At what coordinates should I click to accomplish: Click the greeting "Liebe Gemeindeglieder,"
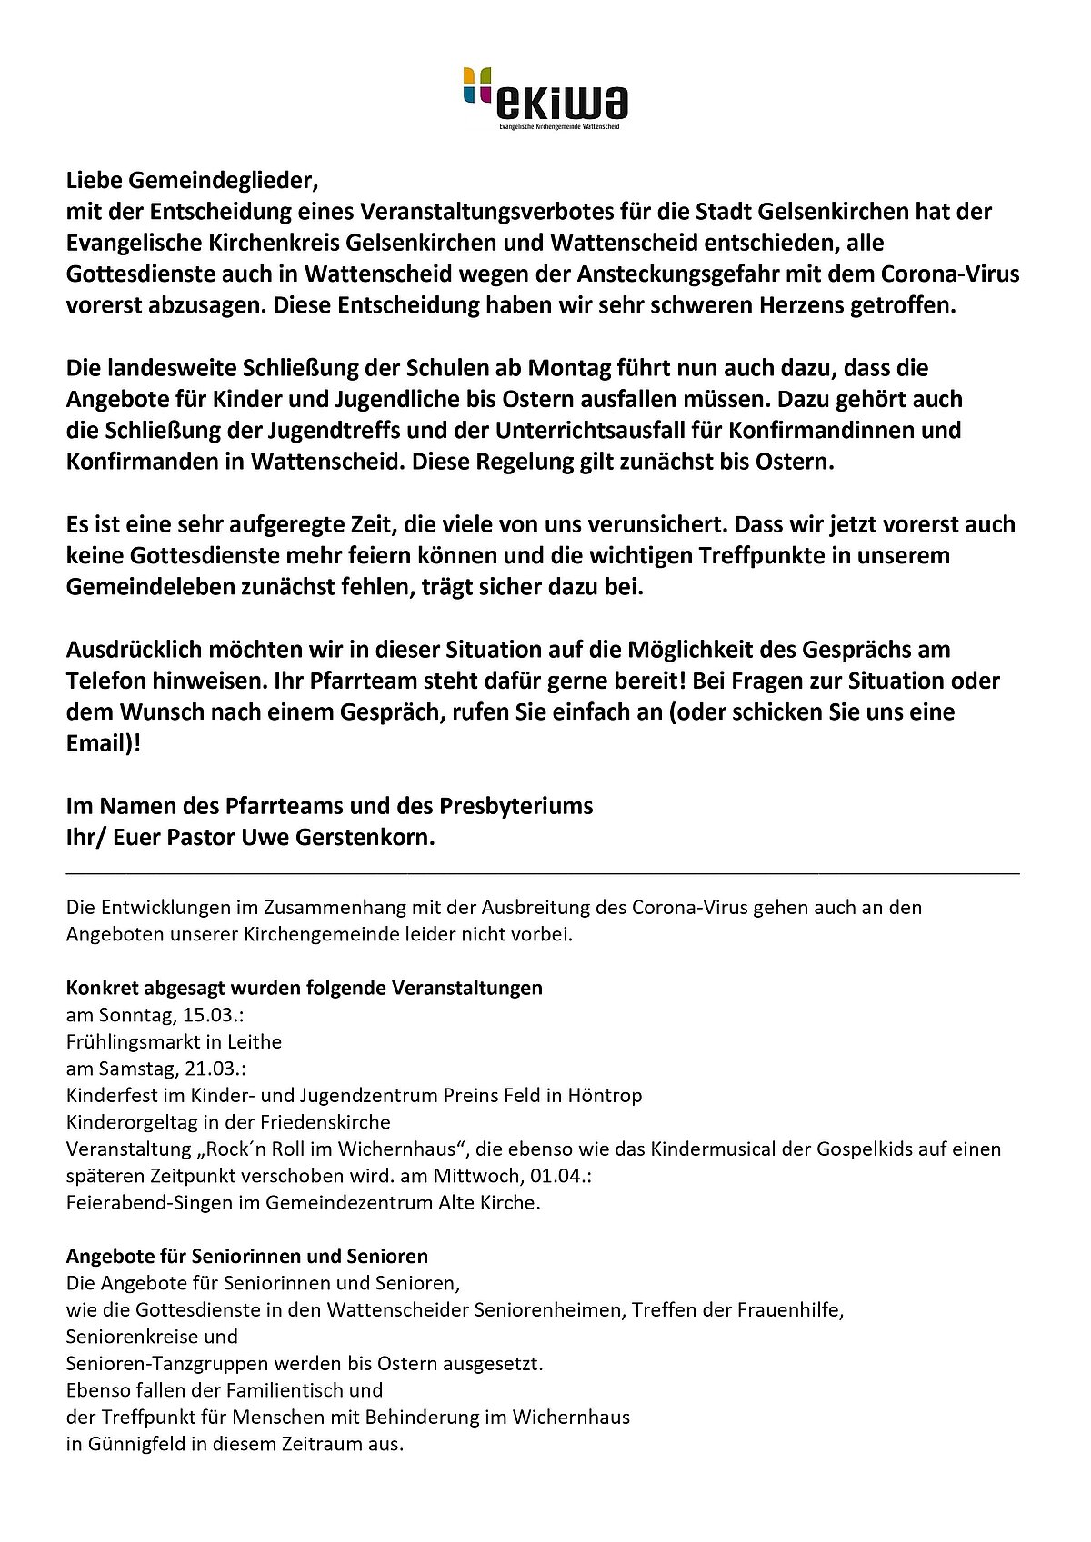(194, 180)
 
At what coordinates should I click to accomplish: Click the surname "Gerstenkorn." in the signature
(365, 837)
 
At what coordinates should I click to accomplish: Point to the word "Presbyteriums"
(516, 806)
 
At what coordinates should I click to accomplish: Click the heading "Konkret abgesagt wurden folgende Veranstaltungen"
(304, 988)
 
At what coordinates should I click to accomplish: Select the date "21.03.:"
(211, 1069)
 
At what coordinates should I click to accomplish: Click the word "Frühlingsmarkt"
(128, 1041)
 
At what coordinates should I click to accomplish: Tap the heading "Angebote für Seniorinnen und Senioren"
(246, 1257)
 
